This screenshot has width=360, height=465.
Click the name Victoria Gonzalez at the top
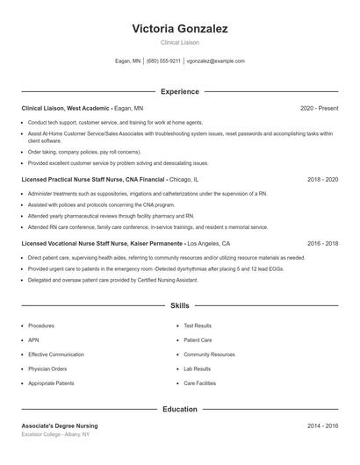tap(179, 29)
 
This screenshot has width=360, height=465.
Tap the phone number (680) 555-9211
tap(163, 61)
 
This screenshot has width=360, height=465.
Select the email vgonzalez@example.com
tap(216, 61)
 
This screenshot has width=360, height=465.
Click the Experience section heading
tap(179, 91)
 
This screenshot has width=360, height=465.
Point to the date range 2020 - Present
tap(319, 108)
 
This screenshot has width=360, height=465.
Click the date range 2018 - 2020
tap(322, 179)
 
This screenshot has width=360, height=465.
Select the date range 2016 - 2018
tap(322, 243)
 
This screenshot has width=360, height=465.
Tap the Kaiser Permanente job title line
tap(126, 243)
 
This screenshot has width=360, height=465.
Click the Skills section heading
tap(179, 306)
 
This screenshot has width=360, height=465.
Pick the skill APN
tap(34, 340)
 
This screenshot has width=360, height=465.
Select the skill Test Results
tap(198, 325)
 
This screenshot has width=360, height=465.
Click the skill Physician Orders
tap(47, 369)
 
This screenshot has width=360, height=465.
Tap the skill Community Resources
tap(209, 354)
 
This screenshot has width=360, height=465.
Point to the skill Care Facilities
tap(199, 383)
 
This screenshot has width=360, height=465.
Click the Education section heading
tap(179, 409)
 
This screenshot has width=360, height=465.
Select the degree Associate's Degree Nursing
tap(60, 426)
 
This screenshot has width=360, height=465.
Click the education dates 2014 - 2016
tap(322, 426)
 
